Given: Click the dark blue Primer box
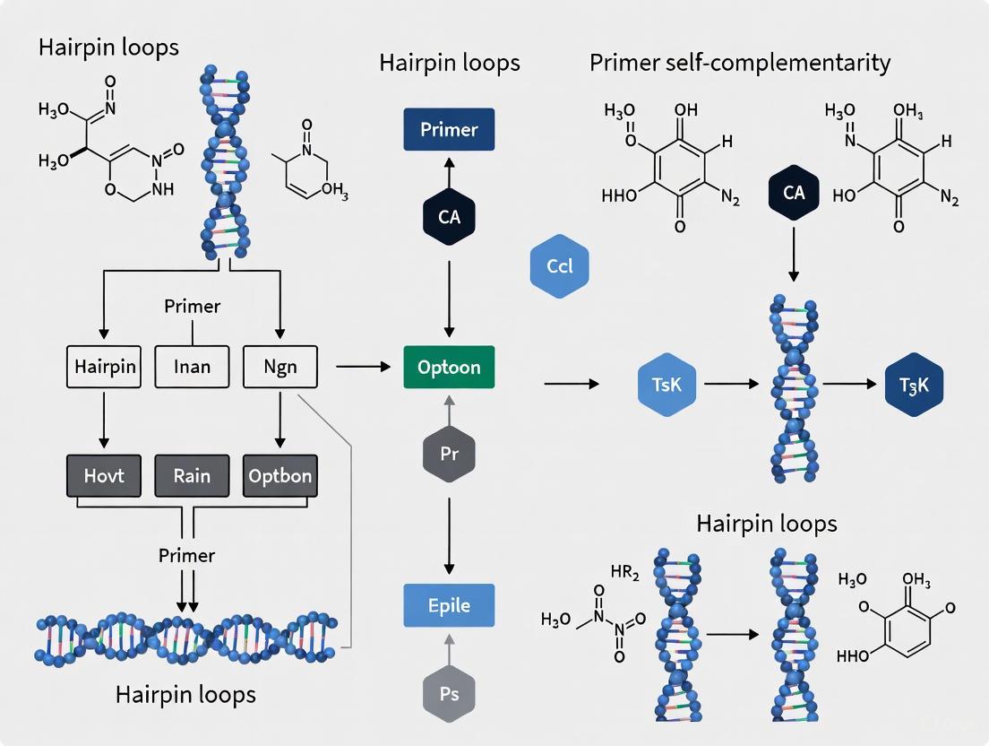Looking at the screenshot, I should [449, 129].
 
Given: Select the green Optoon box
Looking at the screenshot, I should [449, 368].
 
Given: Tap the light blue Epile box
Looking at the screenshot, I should [449, 605].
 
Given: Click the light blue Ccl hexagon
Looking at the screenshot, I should [559, 266].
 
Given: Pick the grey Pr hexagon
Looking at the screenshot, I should [449, 454].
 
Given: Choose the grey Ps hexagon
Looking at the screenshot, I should [449, 693].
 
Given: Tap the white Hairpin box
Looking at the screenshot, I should [104, 368].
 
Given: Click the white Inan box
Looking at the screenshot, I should [192, 368].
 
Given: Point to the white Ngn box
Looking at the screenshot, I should [280, 368].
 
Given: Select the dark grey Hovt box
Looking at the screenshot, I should [104, 476].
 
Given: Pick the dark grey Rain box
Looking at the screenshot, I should [192, 476].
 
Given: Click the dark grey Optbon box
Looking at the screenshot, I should [280, 476].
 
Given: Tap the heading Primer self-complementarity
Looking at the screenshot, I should [740, 63].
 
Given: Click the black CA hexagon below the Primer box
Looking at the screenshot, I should [449, 216].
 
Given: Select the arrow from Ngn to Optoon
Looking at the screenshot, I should [363, 367].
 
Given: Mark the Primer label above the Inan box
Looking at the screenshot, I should [192, 306].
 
